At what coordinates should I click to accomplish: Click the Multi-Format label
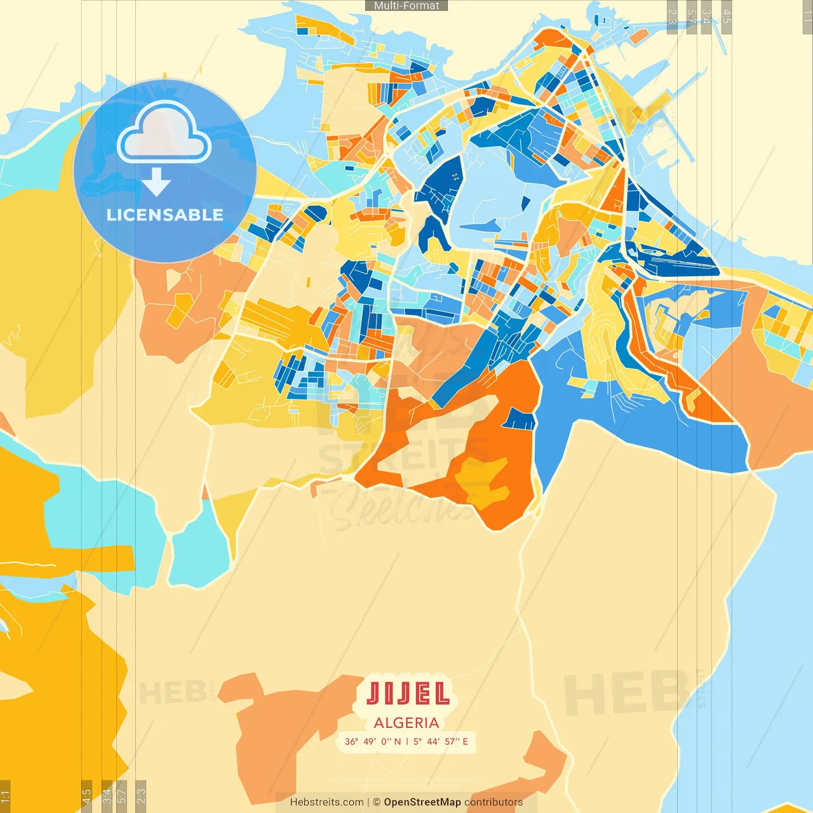[x=406, y=6]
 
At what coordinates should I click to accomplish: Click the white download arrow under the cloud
[x=156, y=182]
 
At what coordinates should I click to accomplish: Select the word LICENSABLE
[x=165, y=215]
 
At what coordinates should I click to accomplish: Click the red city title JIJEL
[x=408, y=694]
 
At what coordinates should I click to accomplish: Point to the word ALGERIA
[x=406, y=723]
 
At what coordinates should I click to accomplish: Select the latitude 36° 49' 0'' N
[x=373, y=741]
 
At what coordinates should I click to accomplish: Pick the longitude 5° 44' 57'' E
[x=441, y=741]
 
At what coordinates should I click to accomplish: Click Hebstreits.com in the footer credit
[x=326, y=802]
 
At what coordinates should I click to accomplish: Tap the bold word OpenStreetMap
[x=422, y=802]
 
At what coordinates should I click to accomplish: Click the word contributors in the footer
[x=494, y=802]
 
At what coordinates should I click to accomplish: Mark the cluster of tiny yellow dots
[x=454, y=177]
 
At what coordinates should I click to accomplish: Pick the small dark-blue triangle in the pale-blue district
[x=525, y=203]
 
